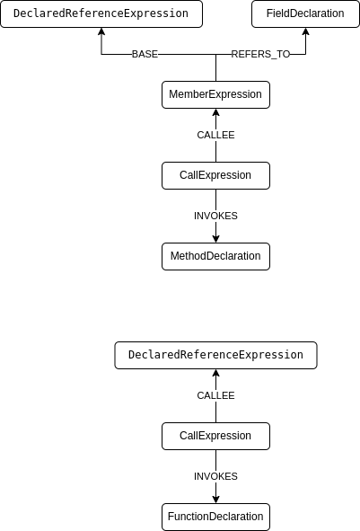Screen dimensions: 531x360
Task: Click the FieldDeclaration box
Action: pos(305,13)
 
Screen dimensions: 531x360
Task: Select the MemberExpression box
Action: pos(215,94)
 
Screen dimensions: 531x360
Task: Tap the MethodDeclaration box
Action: pos(215,256)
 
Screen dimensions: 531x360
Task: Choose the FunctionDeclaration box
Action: pos(215,517)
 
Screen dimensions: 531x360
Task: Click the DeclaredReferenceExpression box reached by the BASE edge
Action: pos(101,13)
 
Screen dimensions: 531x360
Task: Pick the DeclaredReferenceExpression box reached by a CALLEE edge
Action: pos(215,355)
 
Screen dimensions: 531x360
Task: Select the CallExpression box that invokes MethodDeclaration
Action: pos(215,175)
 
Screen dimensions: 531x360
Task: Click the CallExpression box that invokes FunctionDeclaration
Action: pos(215,436)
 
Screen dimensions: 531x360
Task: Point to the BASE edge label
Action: pos(145,55)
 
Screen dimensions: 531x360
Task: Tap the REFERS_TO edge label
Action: pos(260,55)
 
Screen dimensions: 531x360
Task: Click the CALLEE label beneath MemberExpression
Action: pos(215,135)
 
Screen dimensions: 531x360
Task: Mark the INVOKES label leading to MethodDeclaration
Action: pos(215,216)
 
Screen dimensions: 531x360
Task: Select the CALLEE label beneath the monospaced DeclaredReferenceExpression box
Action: pos(215,395)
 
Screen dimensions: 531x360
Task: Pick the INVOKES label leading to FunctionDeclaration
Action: pos(215,476)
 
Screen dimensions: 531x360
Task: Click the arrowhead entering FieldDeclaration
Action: pos(305,32)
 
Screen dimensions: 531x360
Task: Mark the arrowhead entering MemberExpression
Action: pos(215,113)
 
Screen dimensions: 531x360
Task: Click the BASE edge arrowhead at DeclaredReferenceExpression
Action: pos(101,32)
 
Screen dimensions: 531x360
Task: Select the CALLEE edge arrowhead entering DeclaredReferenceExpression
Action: pos(215,374)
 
